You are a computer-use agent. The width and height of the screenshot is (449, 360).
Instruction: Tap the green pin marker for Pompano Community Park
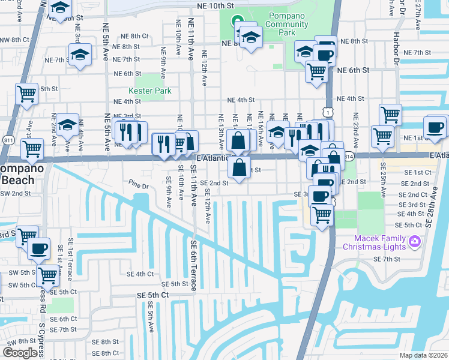[238, 21]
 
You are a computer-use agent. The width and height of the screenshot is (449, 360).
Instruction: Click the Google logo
[20, 352]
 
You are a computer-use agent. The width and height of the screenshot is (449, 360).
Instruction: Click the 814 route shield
[349, 155]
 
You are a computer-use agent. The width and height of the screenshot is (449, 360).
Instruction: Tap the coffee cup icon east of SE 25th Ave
[434, 127]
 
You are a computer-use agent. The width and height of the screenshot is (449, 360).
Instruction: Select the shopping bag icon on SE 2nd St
[239, 167]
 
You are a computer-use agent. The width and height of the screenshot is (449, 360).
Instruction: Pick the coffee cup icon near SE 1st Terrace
[39, 247]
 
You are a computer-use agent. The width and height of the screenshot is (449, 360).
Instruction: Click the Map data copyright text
[424, 355]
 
